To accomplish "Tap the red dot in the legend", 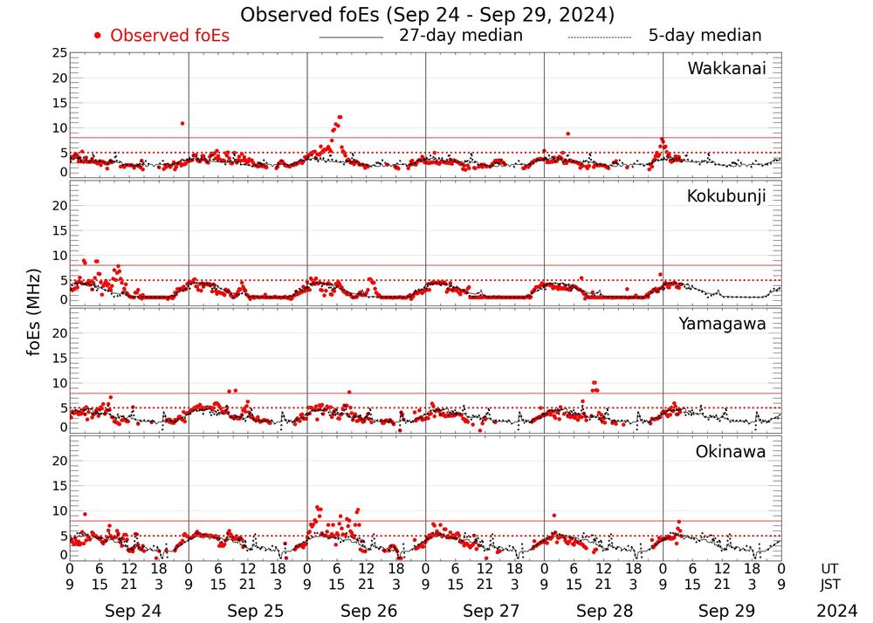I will pos(98,36).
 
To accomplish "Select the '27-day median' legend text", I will pos(460,36).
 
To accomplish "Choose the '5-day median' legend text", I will pos(705,36).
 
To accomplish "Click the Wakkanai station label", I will pos(726,69).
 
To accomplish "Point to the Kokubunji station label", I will pos(725,196).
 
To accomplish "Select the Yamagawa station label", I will pos(722,324).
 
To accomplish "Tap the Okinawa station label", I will pos(731,452).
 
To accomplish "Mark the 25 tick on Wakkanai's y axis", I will pos(58,53).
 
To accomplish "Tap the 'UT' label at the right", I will pos(829,568).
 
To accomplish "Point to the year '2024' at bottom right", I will pos(837,611).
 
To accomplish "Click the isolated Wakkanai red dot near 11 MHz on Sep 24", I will pos(182,124).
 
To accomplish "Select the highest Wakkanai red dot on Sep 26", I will pos(340,117).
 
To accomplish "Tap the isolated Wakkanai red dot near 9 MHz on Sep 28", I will pos(567,133).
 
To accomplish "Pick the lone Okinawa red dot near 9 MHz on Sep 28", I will pos(553,516).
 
